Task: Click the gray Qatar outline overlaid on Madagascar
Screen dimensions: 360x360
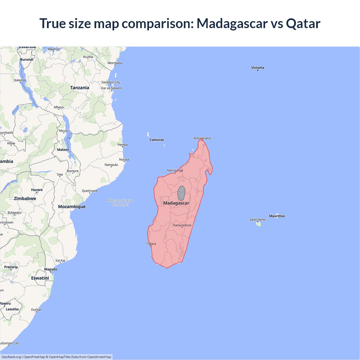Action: point(181,193)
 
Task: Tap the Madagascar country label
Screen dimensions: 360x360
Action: point(176,203)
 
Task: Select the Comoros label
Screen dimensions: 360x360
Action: point(157,140)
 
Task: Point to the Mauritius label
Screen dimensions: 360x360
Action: point(277,216)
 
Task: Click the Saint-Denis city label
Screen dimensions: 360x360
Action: point(257,220)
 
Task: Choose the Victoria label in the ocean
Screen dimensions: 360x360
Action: point(258,67)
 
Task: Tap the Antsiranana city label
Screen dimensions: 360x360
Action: point(202,138)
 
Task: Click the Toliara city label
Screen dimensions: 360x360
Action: point(151,244)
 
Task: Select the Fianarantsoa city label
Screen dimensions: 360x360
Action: point(182,225)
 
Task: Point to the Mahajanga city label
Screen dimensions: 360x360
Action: point(175,170)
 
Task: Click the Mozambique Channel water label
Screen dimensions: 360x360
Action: point(121,202)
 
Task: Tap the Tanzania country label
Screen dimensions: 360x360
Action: point(80,88)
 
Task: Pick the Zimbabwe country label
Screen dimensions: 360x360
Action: point(25,199)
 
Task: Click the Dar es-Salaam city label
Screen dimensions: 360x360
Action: point(111,88)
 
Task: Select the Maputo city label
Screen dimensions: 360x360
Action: point(51,269)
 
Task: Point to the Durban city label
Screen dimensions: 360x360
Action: point(37,310)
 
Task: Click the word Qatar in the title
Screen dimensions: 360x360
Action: point(303,23)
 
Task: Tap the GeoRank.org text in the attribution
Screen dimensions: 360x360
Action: point(11,357)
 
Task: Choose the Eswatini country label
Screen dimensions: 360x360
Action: point(40,278)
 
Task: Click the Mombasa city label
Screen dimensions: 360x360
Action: point(115,63)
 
